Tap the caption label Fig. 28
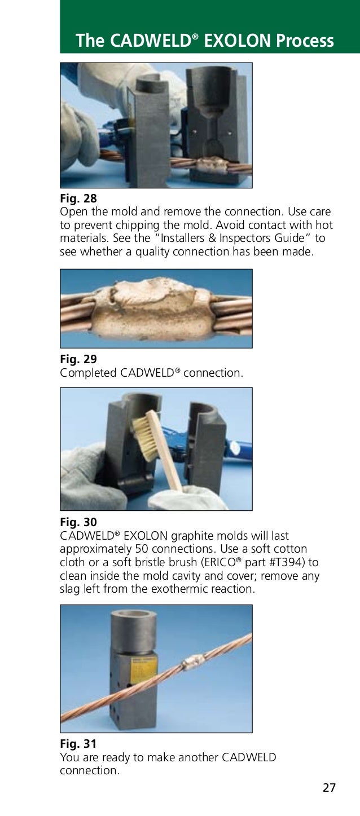point(78,199)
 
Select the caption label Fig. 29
point(78,359)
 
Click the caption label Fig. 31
point(78,744)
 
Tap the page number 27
point(329,788)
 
